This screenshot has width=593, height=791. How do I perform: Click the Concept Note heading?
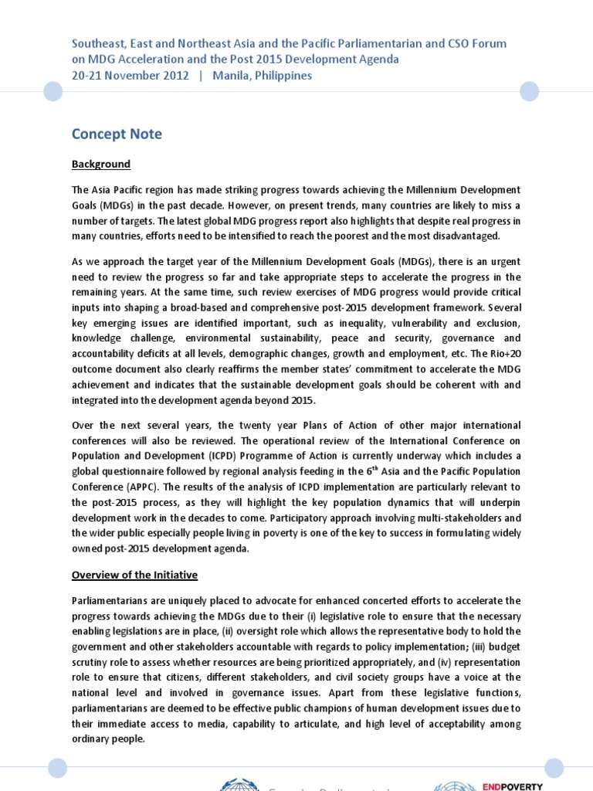(x=117, y=134)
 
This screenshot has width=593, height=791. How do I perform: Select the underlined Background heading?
(x=101, y=165)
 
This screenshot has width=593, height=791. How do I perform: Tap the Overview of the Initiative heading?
(x=134, y=575)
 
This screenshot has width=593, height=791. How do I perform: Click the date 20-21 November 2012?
(x=130, y=76)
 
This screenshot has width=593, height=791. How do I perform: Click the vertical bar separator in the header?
(x=200, y=76)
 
